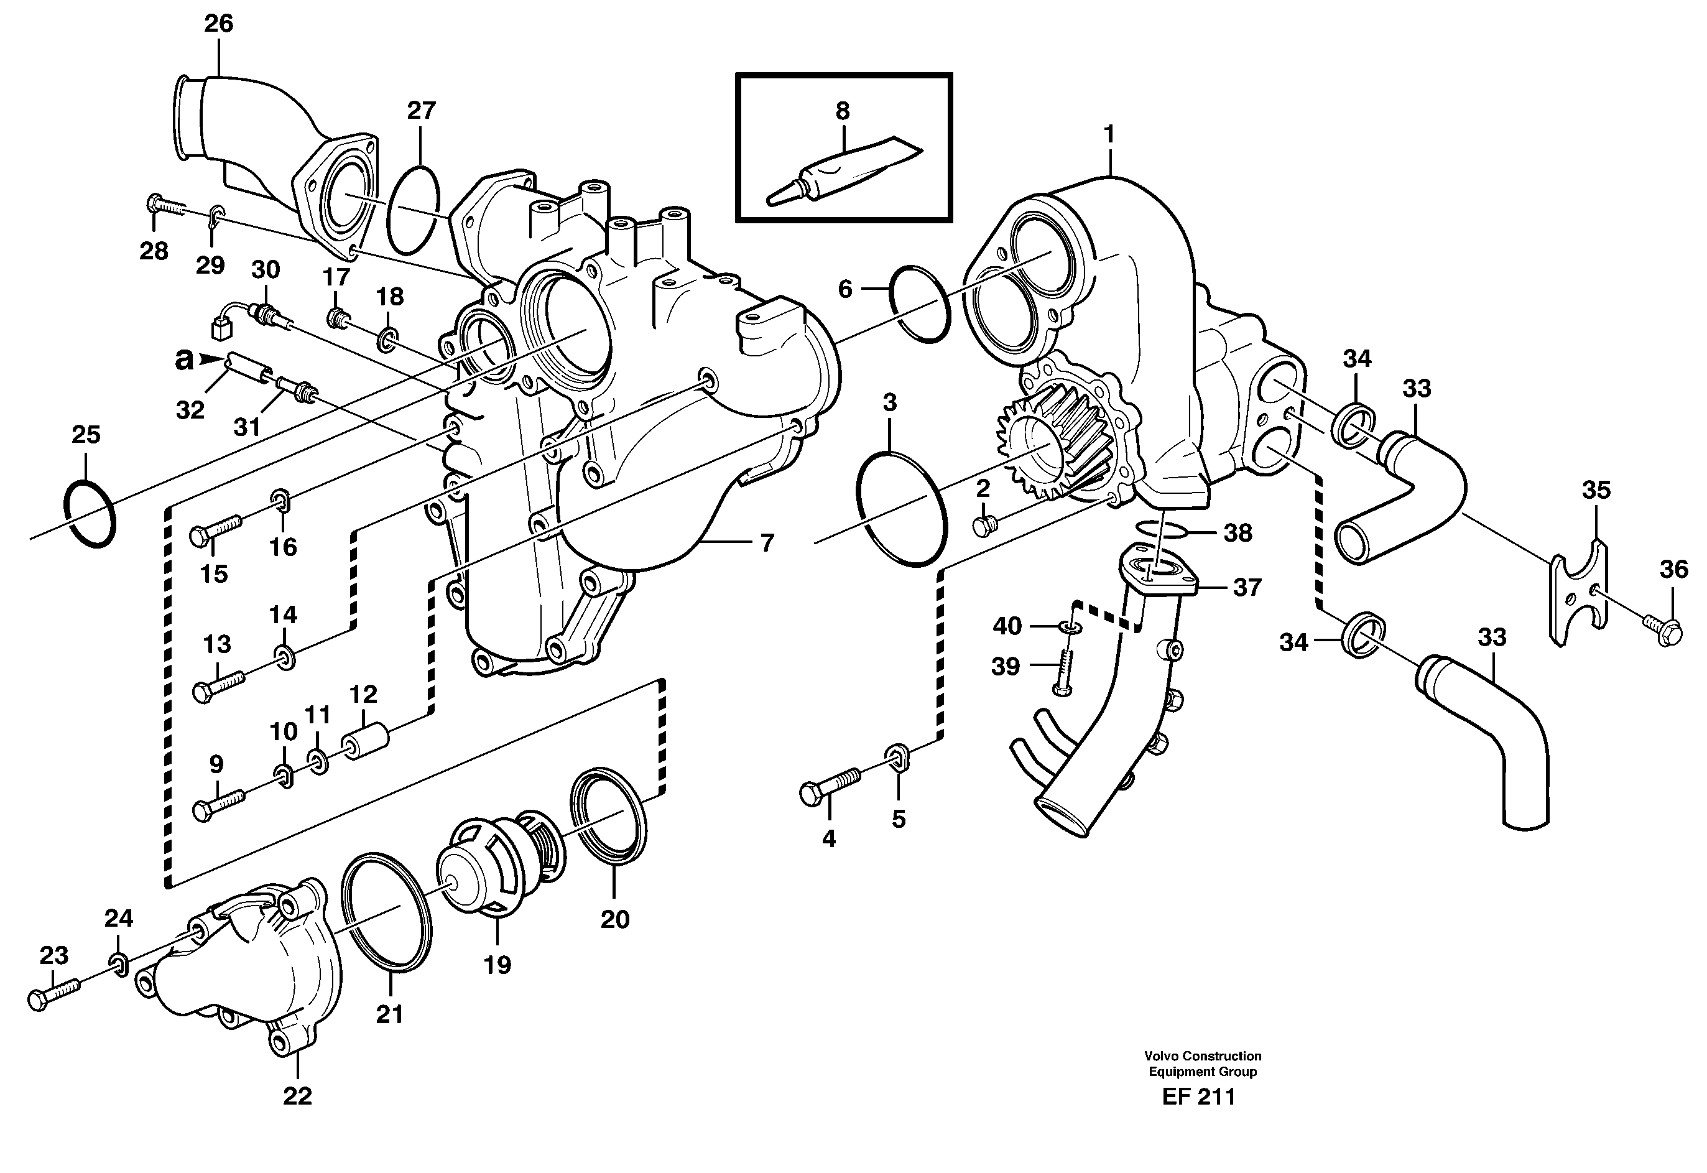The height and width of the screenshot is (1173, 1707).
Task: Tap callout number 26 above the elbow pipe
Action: coord(218,24)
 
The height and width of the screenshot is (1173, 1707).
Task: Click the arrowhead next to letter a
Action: coord(211,359)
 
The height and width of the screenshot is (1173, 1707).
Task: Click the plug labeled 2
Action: coord(984,525)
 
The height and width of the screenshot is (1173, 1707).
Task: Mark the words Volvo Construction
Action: coord(1202,1056)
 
